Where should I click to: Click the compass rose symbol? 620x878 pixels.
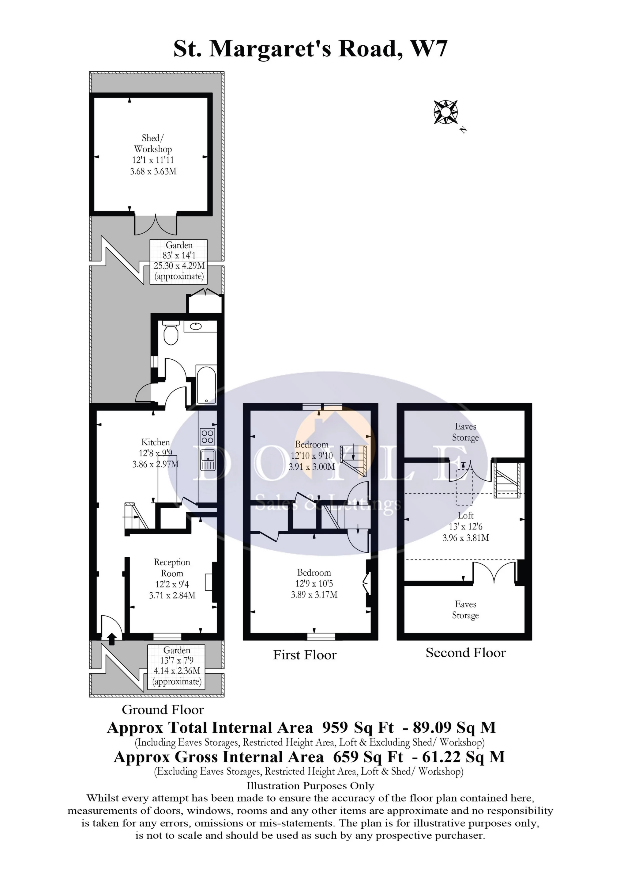pos(445,112)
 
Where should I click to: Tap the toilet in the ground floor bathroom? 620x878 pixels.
pos(170,334)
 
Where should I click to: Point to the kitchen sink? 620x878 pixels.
pos(207,460)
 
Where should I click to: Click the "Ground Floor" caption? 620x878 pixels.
pos(163,710)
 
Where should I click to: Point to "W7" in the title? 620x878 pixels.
pos(428,49)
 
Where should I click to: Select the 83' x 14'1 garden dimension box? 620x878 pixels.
pos(179,261)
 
